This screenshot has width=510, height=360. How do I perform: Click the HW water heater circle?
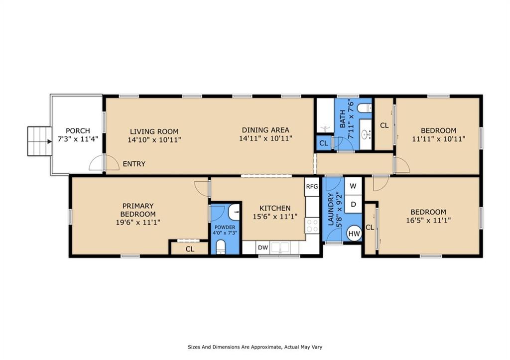354,234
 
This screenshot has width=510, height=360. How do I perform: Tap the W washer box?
353,186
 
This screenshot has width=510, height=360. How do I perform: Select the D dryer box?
353,204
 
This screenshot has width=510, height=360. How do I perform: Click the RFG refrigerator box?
312,187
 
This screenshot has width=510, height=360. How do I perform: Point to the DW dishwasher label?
263,247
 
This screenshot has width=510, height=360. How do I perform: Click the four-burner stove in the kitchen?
312,226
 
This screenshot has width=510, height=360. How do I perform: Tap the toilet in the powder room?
221,247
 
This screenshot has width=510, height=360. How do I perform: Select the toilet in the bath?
364,108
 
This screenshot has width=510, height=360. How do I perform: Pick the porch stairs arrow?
49,141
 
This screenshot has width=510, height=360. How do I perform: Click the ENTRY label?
134,164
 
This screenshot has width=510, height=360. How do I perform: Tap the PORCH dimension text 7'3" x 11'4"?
78,139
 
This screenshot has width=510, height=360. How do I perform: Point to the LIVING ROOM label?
154,132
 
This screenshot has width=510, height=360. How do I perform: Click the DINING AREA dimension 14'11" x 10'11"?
266,138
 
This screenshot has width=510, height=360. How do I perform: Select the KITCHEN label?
275,208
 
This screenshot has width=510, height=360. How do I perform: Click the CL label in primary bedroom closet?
190,249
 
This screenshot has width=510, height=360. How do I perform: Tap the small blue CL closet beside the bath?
324,143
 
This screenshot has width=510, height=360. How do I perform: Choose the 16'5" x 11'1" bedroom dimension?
428,221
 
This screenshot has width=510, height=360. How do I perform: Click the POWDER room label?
225,228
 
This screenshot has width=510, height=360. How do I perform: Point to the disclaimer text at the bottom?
255,347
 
